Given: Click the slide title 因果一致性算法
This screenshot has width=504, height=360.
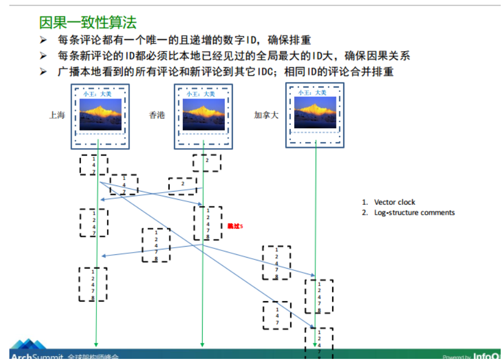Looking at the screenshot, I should (x=88, y=23).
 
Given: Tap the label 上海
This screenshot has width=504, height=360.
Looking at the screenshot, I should (x=57, y=115).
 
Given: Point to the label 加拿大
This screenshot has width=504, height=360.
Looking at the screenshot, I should (x=266, y=115).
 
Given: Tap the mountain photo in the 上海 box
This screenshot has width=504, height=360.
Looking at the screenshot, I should (x=100, y=114).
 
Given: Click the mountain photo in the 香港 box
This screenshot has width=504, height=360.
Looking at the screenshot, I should (x=203, y=114).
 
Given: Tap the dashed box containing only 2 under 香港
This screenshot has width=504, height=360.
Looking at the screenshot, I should (x=207, y=163).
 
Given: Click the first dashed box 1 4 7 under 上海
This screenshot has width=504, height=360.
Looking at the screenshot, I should (x=94, y=165).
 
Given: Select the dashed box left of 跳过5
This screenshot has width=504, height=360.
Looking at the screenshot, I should (x=208, y=223).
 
